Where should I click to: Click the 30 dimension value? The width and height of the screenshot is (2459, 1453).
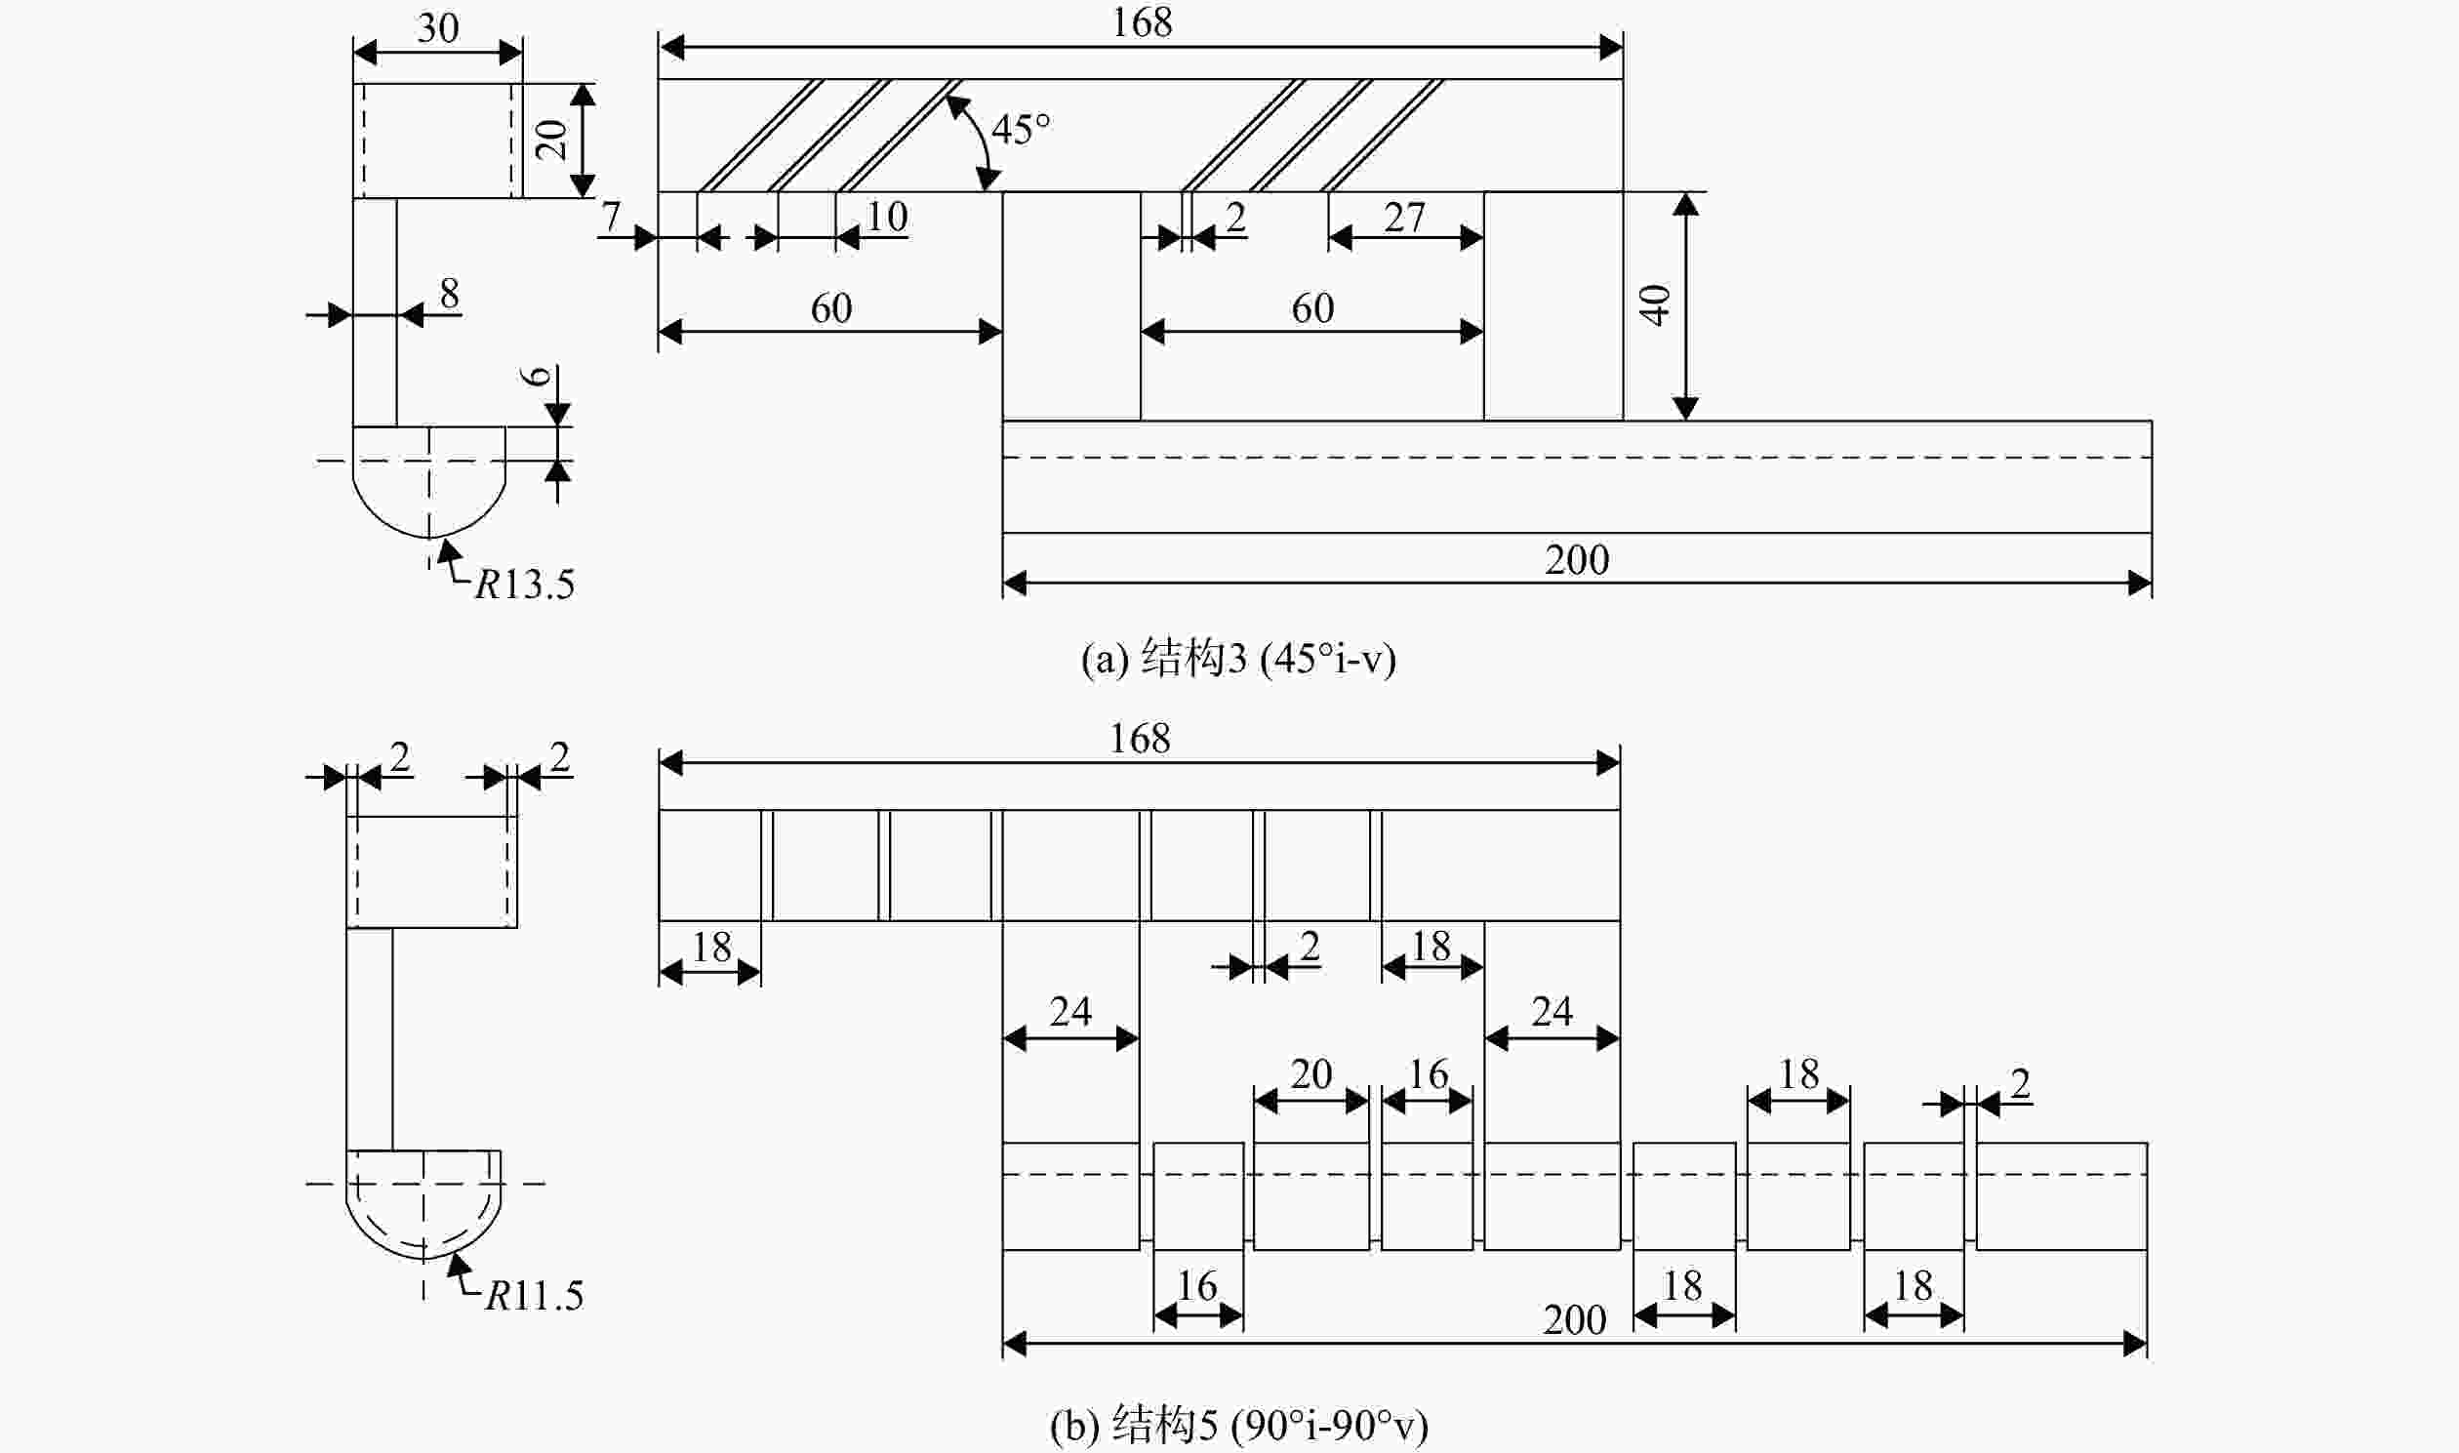437,27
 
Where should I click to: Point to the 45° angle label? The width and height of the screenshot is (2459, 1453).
1021,129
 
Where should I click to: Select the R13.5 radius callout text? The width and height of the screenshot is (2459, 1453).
525,585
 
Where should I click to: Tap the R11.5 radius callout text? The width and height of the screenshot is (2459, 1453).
535,1295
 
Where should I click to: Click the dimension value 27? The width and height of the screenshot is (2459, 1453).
1404,218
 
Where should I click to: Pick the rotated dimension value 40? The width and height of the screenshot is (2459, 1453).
1654,304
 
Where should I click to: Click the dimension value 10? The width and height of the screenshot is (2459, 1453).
887,217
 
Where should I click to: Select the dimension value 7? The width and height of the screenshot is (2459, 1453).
611,217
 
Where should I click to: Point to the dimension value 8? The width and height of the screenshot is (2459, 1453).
449,293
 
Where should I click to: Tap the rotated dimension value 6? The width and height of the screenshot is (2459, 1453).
538,376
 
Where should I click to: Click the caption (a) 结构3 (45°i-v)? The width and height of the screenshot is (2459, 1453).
1238,659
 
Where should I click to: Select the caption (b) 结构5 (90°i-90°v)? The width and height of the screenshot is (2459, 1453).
1238,1426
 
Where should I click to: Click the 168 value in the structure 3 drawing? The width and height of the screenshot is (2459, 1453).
1142,22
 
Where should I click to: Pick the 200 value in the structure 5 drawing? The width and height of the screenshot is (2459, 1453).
1575,1320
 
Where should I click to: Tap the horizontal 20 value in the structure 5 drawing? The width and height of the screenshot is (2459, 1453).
1310,1074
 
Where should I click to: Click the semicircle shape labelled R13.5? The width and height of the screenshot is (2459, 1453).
428,537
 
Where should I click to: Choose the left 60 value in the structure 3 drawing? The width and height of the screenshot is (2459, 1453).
831,308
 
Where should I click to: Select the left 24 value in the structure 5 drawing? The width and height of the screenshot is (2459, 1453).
1069,1011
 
